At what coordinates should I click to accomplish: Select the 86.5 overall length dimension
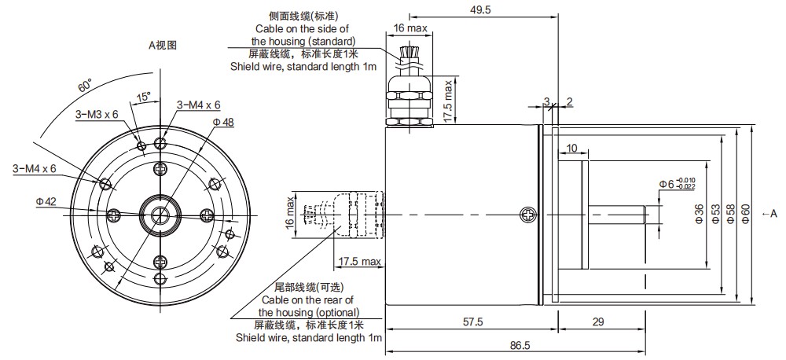click(520, 345)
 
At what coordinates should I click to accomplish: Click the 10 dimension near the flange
click(571, 148)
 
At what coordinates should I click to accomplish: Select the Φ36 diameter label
click(700, 214)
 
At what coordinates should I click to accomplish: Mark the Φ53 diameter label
click(716, 214)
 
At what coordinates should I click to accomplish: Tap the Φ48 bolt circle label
click(223, 122)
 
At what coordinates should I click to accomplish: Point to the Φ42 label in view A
click(46, 202)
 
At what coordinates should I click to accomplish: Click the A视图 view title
click(163, 45)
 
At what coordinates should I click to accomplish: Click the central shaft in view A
click(160, 214)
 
